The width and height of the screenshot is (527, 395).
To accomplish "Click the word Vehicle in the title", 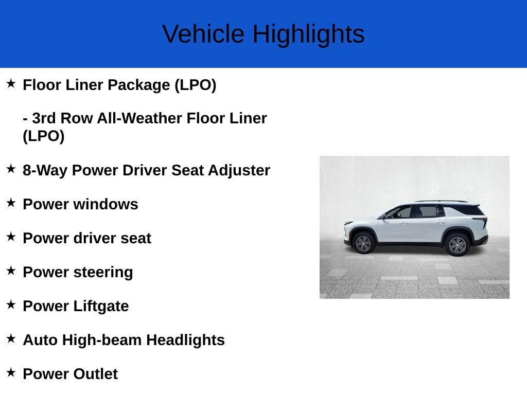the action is click(203, 34).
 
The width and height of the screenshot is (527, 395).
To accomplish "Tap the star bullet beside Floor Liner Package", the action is click(11, 83).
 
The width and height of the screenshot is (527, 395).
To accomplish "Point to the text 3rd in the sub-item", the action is click(44, 118).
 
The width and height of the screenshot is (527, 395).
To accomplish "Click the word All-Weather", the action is click(139, 118).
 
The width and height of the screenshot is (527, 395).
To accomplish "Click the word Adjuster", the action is click(239, 170).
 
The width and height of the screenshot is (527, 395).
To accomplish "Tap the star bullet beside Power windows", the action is click(11, 203).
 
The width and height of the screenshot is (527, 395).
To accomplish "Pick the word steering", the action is click(103, 273).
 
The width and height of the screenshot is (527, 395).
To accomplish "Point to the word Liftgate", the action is click(101, 307).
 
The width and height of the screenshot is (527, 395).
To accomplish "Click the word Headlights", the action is click(185, 340).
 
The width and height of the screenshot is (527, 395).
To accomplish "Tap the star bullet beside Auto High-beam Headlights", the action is click(11, 338).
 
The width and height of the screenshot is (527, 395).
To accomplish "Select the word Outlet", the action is click(95, 374).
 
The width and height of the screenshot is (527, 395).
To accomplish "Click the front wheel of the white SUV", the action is click(363, 243).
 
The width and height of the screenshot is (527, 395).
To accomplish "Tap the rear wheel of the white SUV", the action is click(457, 244).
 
